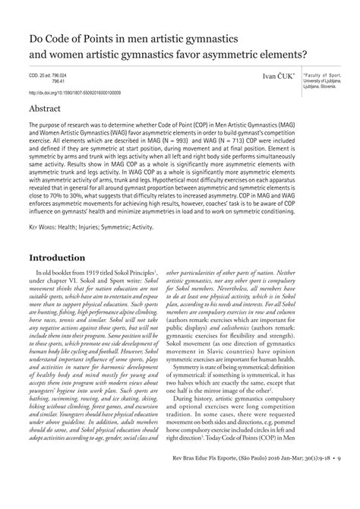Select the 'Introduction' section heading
click(65, 257)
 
